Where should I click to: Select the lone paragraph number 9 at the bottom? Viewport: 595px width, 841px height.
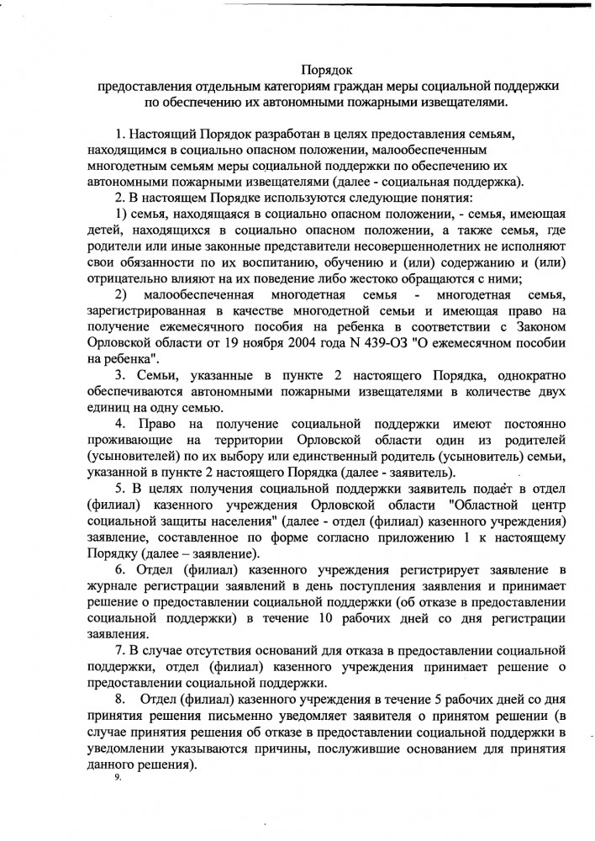118,776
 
